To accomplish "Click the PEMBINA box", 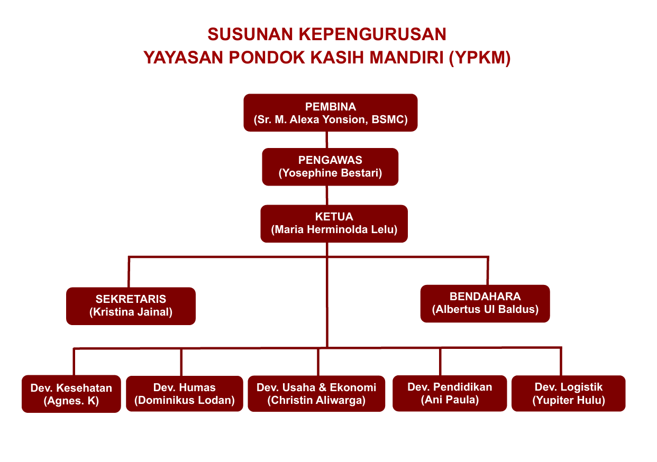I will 330,112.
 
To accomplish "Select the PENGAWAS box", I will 330,167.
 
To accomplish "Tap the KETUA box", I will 334,223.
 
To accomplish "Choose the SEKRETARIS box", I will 131,306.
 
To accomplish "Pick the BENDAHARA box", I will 485,303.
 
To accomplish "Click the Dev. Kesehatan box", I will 71,394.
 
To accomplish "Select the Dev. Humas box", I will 185,394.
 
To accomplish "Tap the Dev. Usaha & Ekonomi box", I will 316,394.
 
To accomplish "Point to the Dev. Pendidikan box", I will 450,393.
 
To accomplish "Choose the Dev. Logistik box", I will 568,393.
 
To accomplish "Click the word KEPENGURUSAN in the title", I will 372,34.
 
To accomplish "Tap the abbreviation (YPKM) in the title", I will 479,57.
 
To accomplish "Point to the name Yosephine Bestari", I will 330,173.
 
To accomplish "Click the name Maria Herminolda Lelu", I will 334,230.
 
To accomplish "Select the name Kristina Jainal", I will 131,312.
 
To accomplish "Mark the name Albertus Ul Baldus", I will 485,309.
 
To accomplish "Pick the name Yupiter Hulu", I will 568,400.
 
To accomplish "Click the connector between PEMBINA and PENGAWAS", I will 326,140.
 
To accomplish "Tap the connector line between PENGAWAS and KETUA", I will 327,195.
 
